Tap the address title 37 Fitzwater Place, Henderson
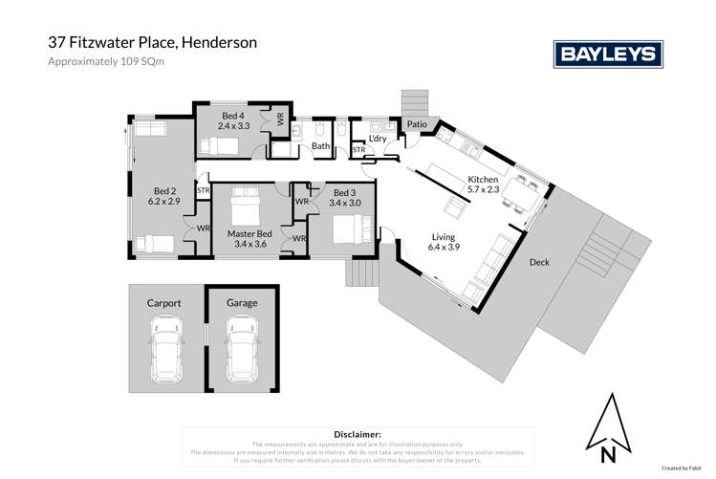(x=152, y=43)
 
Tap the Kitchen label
(x=483, y=180)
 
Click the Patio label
(x=416, y=124)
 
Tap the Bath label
(x=320, y=146)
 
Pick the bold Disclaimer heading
(x=358, y=434)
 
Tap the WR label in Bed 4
(x=280, y=120)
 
